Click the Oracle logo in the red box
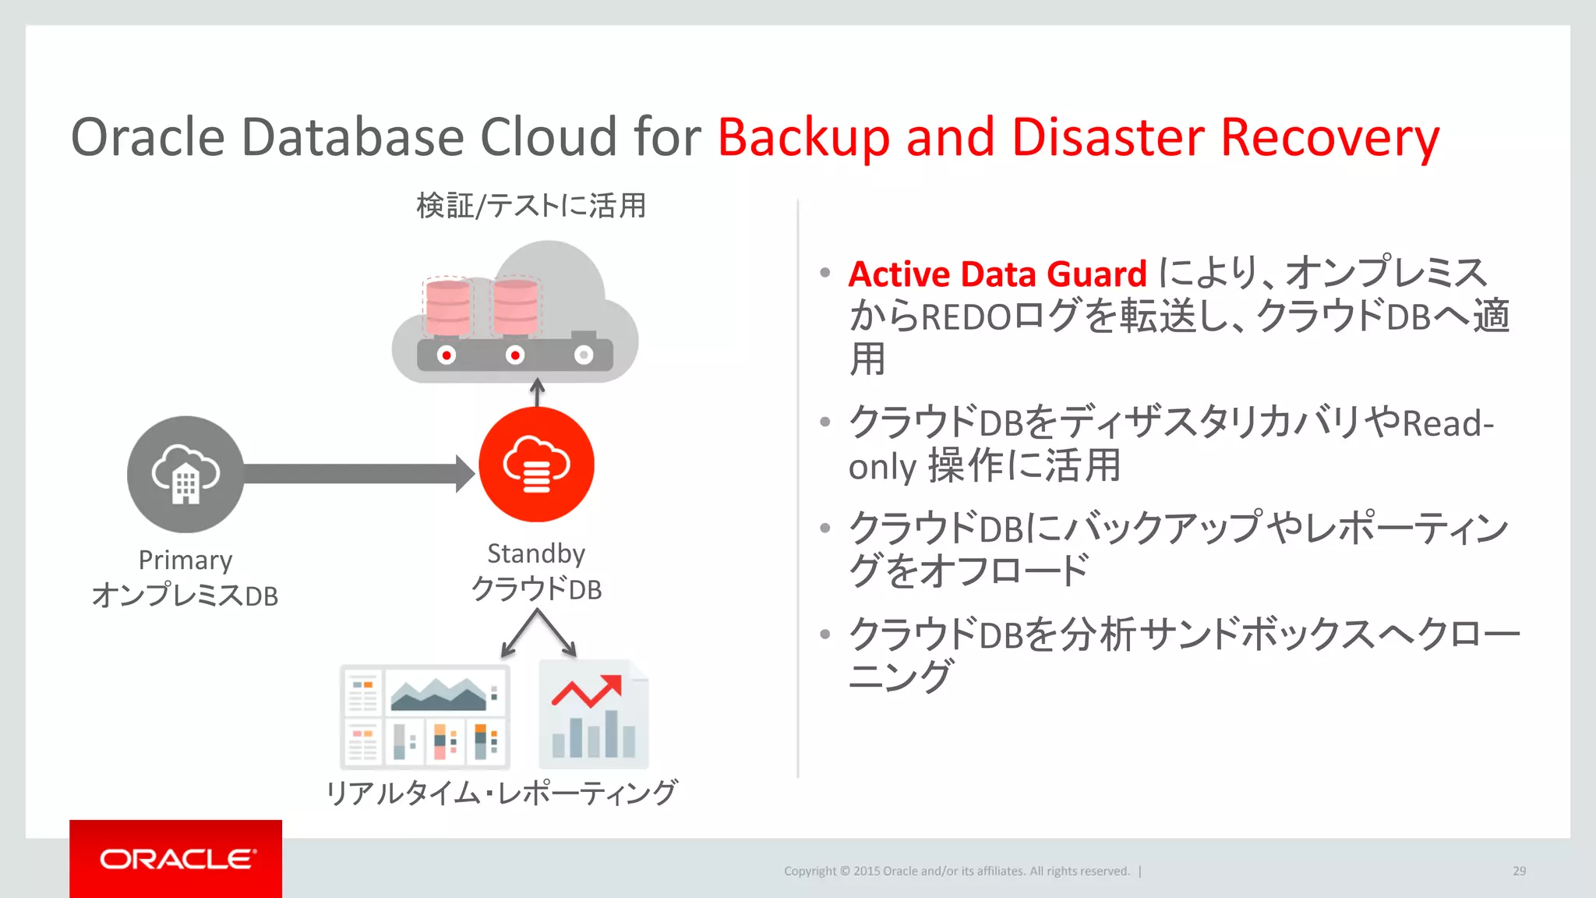coord(177,859)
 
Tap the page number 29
coord(1519,871)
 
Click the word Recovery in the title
coord(1329,138)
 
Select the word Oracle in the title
coord(148,138)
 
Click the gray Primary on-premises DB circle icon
coord(185,474)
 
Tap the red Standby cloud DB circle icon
coord(536,465)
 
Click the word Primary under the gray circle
coord(185,560)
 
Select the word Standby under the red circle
coord(536,553)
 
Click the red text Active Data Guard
coord(997,274)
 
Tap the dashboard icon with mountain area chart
coord(425,716)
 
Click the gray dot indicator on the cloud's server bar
coord(584,355)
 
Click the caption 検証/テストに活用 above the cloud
coord(531,206)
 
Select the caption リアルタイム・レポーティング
coord(501,793)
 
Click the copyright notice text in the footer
coord(956,871)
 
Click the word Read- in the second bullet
coord(1448,424)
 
